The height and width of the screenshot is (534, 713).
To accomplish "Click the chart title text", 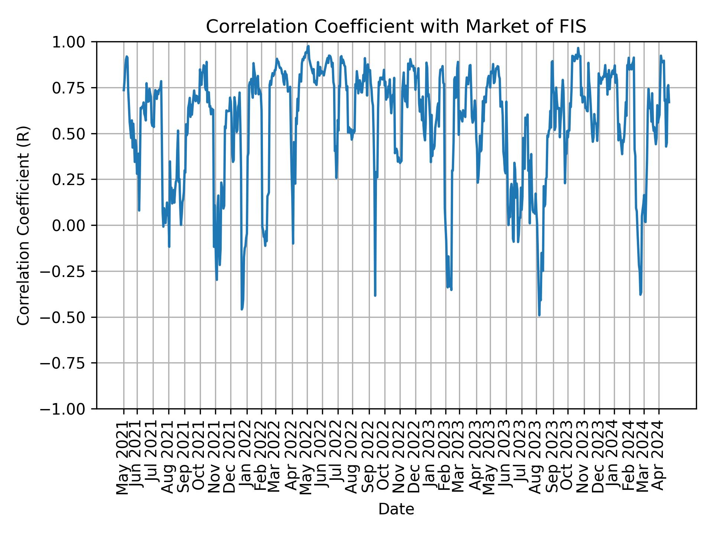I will [396, 27].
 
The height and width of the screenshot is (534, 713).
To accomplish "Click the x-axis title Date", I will [396, 509].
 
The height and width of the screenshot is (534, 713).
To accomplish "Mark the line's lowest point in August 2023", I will [539, 315].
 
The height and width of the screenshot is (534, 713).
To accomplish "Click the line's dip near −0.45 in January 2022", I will [242, 309].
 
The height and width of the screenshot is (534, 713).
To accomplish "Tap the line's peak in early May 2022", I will [309, 46].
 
